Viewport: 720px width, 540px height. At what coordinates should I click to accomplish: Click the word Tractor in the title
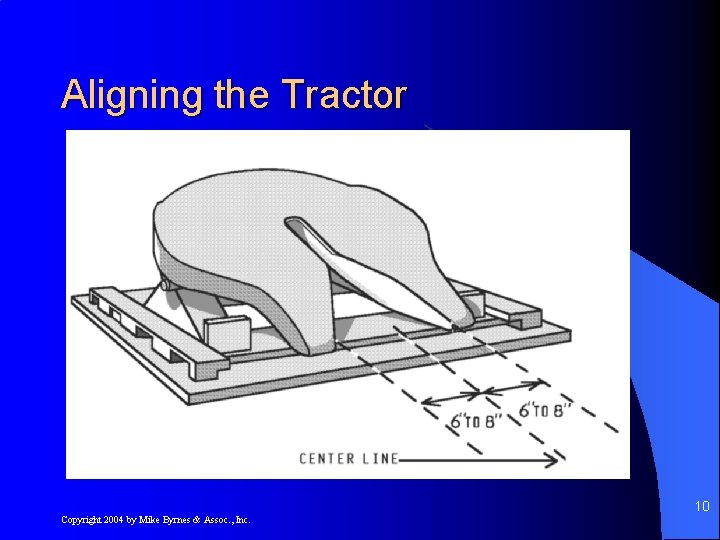point(345,95)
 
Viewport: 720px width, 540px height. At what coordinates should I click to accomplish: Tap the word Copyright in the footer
point(82,520)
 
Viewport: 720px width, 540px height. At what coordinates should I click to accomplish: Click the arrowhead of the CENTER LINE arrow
point(552,460)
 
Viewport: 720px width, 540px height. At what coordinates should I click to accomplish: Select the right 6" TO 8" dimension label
point(545,410)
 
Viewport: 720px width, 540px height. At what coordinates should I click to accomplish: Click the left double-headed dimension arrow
point(451,398)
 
